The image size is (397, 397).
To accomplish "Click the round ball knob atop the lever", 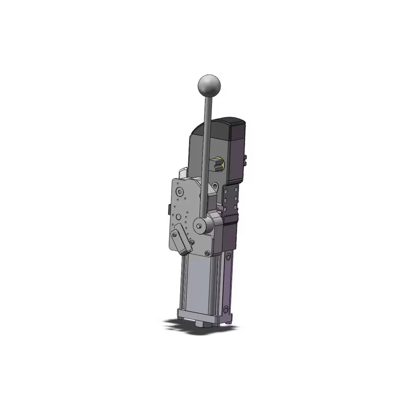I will (209, 84).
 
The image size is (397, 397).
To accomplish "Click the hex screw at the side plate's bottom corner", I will (206, 253).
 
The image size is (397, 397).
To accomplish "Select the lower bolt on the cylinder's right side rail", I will (226, 309).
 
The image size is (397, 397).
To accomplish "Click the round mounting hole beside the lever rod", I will (215, 186).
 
